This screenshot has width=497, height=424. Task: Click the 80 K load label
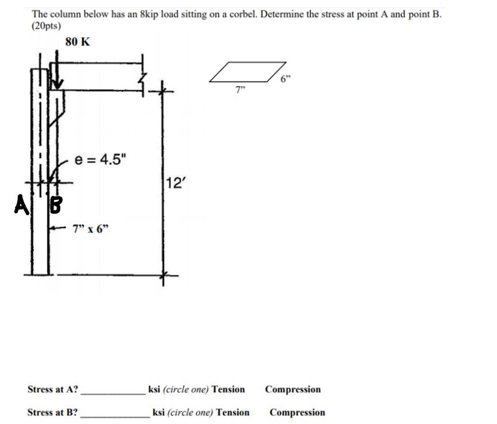point(78,42)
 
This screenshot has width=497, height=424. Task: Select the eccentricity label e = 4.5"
point(100,160)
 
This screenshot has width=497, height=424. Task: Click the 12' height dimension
point(174,183)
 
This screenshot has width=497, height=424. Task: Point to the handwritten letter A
point(21,204)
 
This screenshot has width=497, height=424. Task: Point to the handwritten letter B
point(55,205)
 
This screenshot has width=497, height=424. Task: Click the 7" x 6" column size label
point(91,229)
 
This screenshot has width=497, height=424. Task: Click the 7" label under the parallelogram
point(240,89)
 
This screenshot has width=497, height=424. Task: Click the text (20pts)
point(47,26)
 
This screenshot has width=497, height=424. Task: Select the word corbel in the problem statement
point(230,14)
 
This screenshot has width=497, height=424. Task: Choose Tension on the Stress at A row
point(228,390)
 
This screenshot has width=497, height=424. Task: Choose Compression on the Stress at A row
point(292,390)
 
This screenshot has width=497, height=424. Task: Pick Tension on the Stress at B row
point(233,413)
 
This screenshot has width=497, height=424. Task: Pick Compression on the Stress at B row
point(297,413)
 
